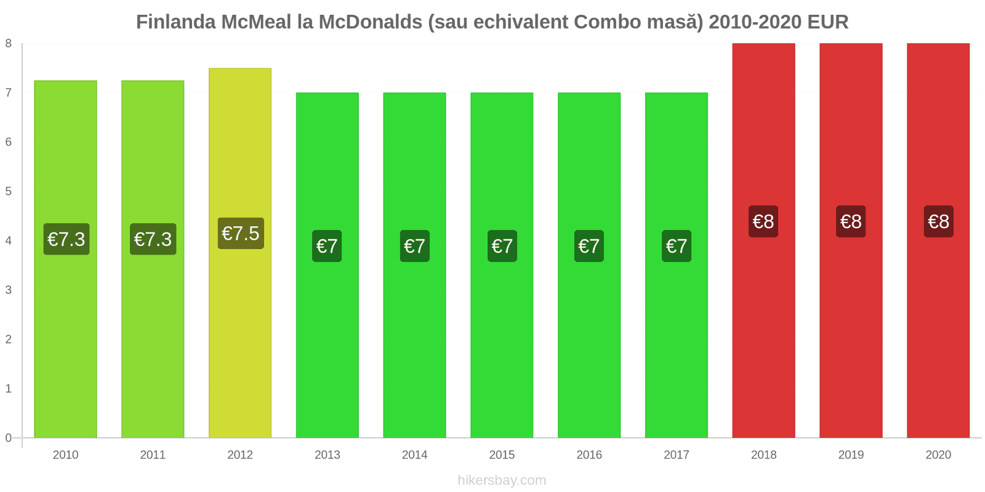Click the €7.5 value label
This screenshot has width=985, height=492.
(241, 234)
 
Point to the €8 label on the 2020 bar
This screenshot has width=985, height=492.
(938, 221)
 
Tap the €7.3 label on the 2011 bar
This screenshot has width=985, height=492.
(153, 239)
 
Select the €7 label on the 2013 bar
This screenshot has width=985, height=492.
(327, 246)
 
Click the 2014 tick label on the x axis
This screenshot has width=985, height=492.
(414, 455)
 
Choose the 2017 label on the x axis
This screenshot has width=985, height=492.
(676, 455)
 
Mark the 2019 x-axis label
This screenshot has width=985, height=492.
(851, 455)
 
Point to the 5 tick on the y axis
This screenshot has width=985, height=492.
(9, 191)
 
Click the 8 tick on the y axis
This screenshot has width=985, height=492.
(9, 43)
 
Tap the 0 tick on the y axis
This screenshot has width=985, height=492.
(9, 438)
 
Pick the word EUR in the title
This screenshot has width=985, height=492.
(828, 22)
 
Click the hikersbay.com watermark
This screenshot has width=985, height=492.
(502, 480)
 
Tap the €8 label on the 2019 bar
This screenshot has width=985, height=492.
(851, 221)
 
